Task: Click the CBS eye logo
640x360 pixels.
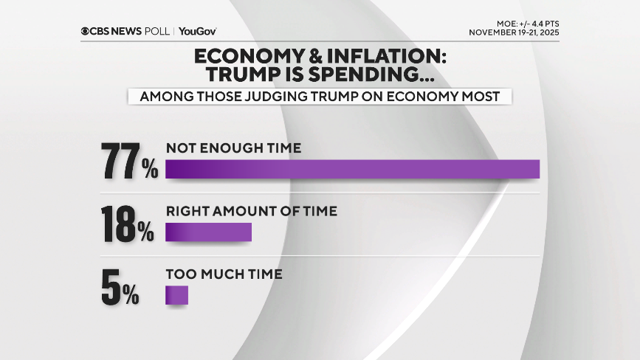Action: point(86,32)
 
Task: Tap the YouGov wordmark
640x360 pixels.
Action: point(198,32)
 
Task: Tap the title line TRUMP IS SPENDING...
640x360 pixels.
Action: point(319,75)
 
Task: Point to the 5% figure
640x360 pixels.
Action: point(120,289)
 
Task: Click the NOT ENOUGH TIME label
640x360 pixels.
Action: point(233,148)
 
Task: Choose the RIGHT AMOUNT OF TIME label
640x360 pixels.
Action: point(251,211)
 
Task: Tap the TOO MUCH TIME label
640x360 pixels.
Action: point(224,274)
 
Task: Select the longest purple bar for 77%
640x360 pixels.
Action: point(352,169)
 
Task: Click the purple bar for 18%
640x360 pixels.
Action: point(208,232)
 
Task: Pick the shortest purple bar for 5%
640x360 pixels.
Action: point(176,295)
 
